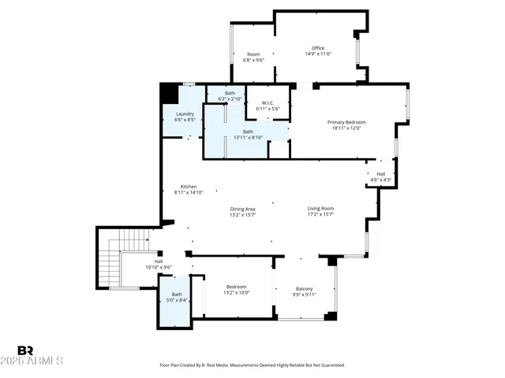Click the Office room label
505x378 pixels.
[x=318, y=48]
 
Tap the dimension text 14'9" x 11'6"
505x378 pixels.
[x=318, y=54]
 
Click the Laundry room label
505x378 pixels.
[x=185, y=113]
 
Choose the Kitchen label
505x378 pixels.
[x=189, y=186]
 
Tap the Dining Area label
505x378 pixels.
[x=241, y=208]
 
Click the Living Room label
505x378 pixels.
[x=320, y=208]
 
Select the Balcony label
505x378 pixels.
[x=304, y=288]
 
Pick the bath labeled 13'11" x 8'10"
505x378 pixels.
[x=248, y=134]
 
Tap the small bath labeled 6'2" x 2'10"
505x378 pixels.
[x=230, y=96]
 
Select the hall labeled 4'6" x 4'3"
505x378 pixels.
[x=380, y=176]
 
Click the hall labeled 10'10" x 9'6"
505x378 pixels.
[x=158, y=264]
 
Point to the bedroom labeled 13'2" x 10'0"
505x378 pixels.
[x=237, y=289]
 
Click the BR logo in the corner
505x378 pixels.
[x=25, y=350]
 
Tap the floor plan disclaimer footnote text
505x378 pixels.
[x=252, y=365]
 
